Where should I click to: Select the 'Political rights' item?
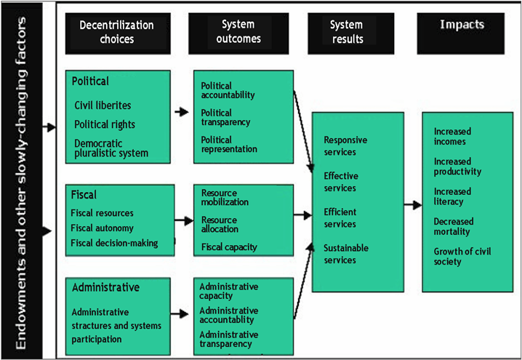click(105, 124)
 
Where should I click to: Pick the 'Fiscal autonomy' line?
click(101, 228)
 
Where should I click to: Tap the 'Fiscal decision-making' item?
click(114, 242)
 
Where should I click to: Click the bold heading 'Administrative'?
click(105, 287)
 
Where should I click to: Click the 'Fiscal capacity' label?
click(229, 247)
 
